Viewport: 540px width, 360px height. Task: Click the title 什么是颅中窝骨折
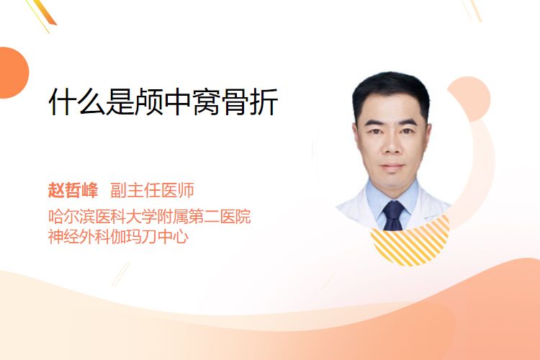[x=163, y=102]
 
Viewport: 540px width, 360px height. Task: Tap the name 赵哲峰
[x=73, y=190]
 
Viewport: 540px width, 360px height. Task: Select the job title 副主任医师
[x=152, y=190]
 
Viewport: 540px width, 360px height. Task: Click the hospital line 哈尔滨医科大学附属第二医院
[x=150, y=216]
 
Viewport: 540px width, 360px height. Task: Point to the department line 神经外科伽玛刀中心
[x=118, y=236]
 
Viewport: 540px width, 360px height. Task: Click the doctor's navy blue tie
[x=393, y=215]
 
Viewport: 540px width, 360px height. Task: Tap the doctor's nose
[x=392, y=146]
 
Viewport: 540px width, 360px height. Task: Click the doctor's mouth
[x=392, y=167]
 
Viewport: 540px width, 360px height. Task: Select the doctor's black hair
[x=391, y=92]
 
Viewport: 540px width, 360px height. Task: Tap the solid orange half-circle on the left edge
[x=13, y=73]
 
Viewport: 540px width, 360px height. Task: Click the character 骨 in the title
[x=235, y=102]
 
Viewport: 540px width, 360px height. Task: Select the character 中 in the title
[x=178, y=102]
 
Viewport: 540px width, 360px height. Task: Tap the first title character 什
[x=63, y=102]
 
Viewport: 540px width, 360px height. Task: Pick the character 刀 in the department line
[x=150, y=236]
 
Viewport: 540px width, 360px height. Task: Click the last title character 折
[x=264, y=102]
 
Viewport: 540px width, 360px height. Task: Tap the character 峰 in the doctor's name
[x=90, y=190]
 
